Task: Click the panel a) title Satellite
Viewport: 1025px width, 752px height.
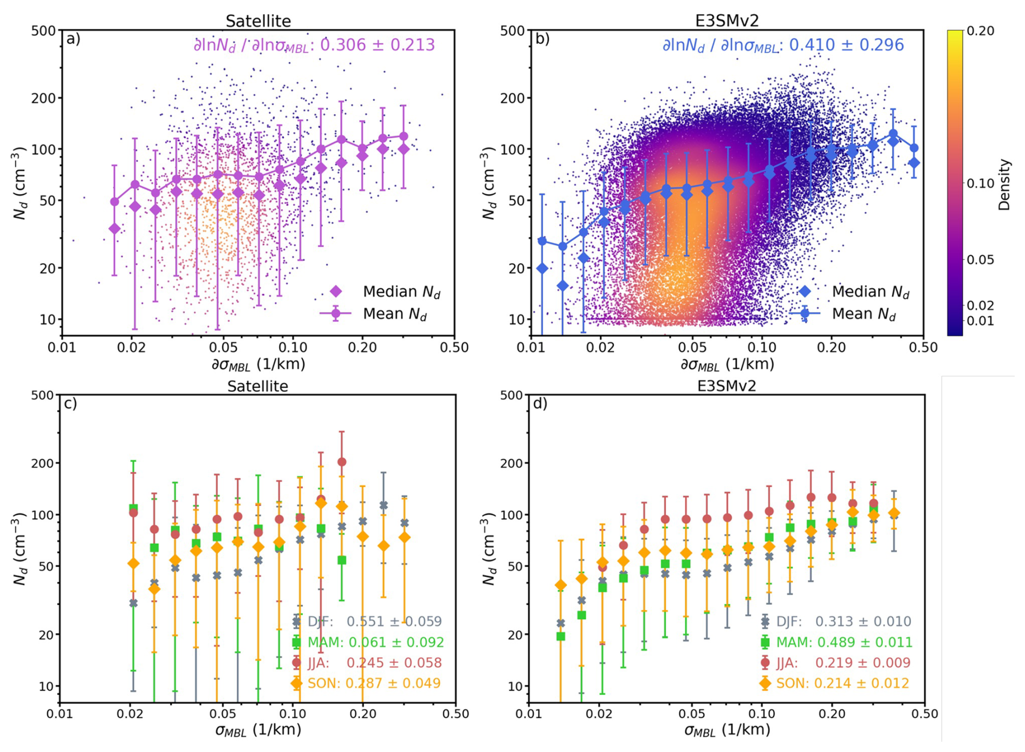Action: (x=258, y=21)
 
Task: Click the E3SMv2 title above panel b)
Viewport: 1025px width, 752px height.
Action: (x=726, y=21)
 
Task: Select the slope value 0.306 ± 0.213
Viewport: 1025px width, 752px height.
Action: (x=377, y=45)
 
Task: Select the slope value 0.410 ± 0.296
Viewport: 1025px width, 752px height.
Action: (x=846, y=45)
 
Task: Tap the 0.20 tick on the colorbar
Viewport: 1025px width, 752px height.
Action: (x=981, y=31)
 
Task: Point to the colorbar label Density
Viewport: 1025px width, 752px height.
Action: (x=1005, y=185)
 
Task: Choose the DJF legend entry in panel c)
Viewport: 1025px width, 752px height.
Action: (x=368, y=622)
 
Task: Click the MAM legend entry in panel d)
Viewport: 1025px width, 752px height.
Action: (x=838, y=643)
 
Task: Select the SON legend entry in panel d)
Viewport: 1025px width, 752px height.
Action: (x=838, y=683)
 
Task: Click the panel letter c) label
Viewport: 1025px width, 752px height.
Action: (x=70, y=404)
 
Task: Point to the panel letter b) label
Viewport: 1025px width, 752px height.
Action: (x=541, y=39)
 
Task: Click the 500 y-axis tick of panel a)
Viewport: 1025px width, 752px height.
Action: (x=44, y=31)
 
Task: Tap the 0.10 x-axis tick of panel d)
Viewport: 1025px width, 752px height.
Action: (x=762, y=714)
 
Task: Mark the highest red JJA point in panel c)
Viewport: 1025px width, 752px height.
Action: (x=342, y=462)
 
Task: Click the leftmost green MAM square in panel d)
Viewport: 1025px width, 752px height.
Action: (x=561, y=636)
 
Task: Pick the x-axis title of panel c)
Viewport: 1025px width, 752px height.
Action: (x=258, y=730)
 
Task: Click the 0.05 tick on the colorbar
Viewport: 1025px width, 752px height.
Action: (x=981, y=260)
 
